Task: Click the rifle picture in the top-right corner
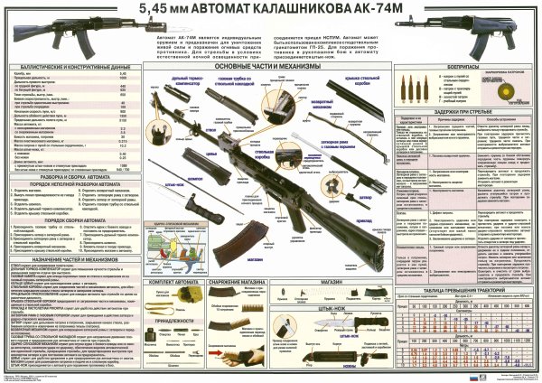pos(493,34)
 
